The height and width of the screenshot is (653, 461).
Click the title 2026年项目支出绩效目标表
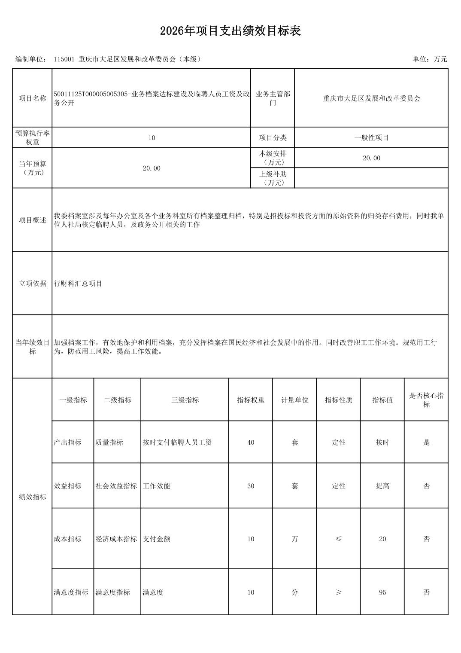point(230,31)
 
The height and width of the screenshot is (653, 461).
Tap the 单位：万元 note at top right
point(430,59)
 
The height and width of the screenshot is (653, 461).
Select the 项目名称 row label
point(32,98)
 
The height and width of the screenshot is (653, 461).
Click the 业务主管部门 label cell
point(273,98)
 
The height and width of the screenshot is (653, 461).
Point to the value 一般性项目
point(371,138)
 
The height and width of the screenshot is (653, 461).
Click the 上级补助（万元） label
point(273,178)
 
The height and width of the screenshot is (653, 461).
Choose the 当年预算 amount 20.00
point(152,168)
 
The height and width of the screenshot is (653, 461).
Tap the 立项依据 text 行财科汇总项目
point(78,284)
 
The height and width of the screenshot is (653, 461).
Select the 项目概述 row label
point(32,220)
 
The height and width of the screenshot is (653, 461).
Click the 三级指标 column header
point(185,400)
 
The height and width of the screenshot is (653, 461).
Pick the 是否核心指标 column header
point(426,400)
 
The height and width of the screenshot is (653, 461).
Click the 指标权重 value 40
point(251,442)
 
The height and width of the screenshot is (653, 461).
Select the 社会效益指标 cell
point(116,486)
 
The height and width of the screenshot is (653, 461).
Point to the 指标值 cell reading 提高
point(382,486)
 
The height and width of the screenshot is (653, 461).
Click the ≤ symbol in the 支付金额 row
point(338,539)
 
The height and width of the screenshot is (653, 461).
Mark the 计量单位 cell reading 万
point(294,539)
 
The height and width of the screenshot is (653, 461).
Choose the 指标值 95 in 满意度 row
point(382,592)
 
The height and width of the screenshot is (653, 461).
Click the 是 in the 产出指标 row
point(426,442)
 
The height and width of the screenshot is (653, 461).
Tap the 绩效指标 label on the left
point(32,497)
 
